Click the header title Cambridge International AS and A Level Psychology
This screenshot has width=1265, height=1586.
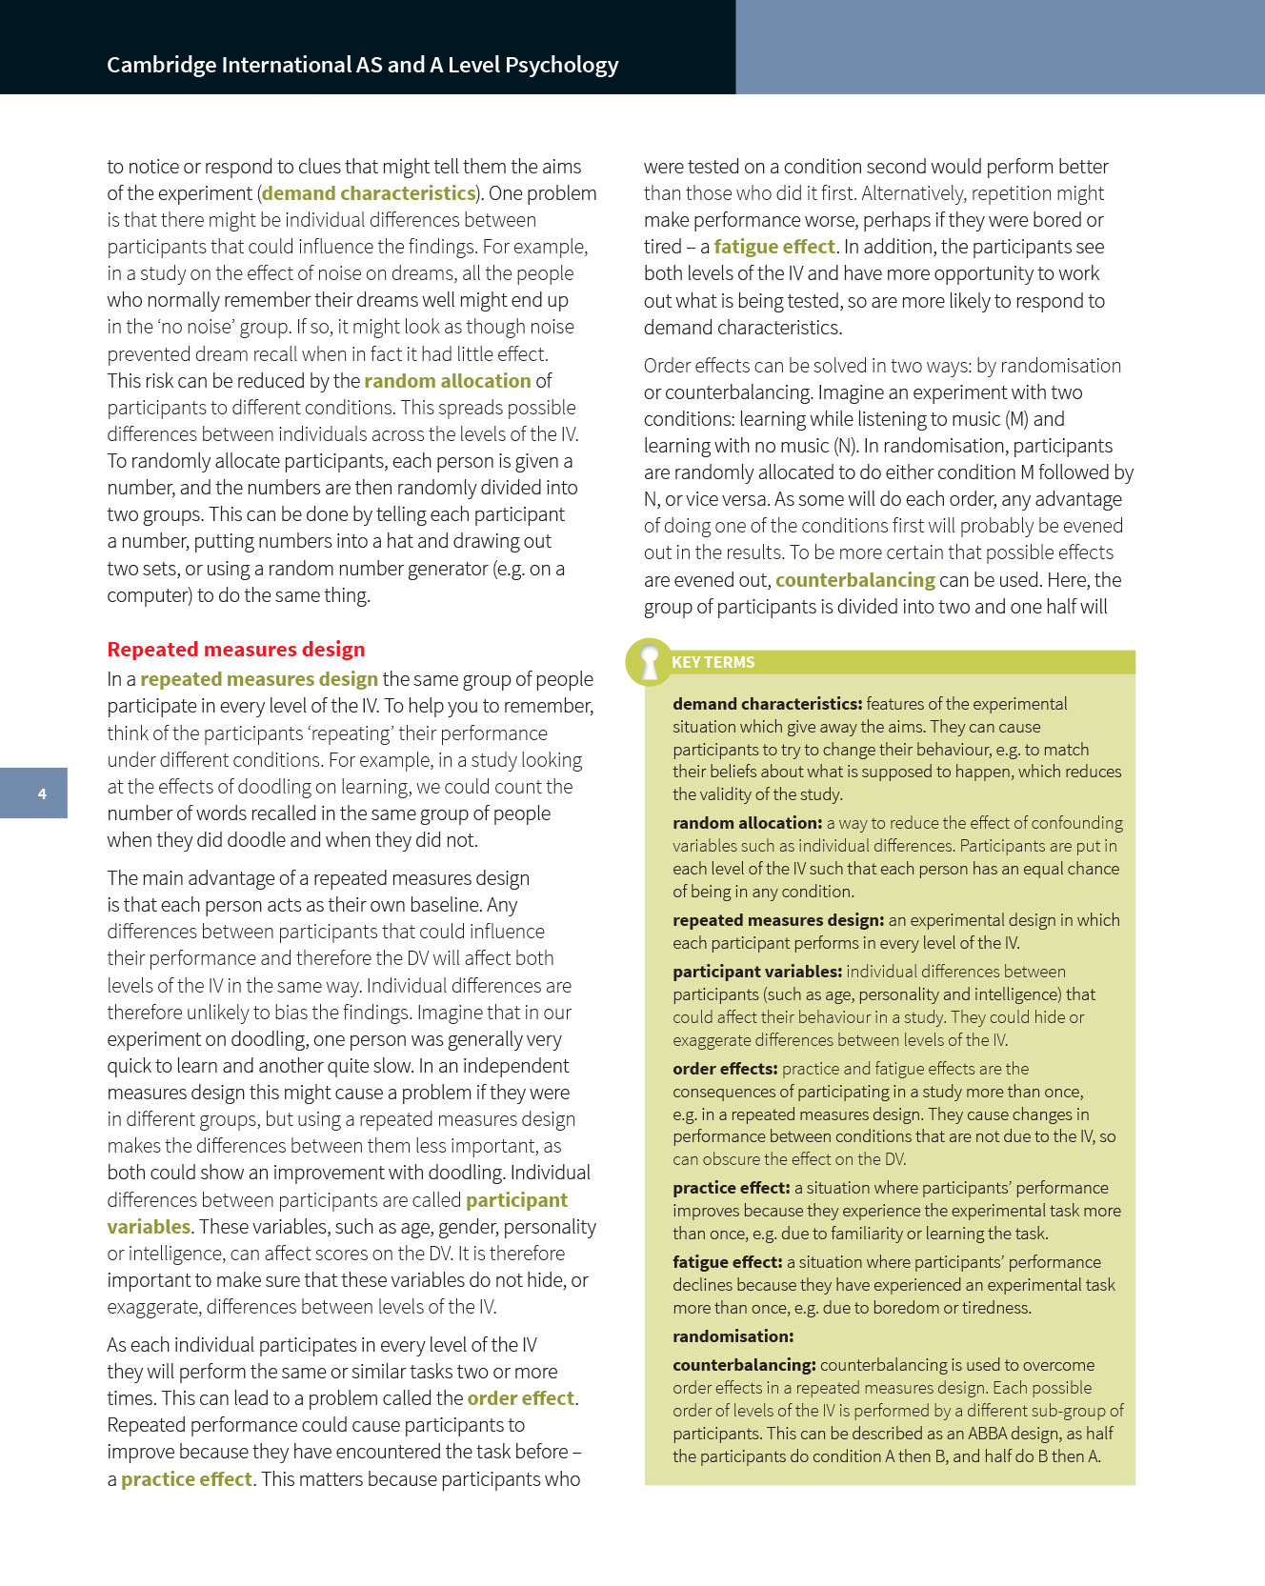point(362,65)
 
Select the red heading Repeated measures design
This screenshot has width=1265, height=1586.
point(235,650)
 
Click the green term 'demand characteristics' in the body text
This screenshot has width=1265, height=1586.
point(369,193)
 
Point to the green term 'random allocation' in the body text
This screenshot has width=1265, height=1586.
point(447,381)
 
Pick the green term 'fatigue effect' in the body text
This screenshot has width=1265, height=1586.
point(773,247)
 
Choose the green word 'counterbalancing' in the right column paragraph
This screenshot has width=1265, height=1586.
point(854,580)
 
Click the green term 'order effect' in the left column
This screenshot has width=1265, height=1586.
point(520,1398)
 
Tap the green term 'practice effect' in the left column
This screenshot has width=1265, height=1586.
point(186,1479)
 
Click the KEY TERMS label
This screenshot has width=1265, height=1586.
point(713,662)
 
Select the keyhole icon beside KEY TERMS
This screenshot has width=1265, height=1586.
point(650,662)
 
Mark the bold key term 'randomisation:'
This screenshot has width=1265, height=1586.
point(733,1336)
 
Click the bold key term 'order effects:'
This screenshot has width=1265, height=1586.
point(725,1069)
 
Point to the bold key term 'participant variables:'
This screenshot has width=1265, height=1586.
point(757,972)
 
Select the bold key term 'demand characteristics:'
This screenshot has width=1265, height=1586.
point(767,704)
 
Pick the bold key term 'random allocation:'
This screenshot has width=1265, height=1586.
point(747,823)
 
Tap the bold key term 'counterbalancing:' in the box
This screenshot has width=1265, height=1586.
point(744,1365)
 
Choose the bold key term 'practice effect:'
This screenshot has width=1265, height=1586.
point(731,1188)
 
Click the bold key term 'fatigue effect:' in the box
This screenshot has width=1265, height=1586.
point(727,1262)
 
